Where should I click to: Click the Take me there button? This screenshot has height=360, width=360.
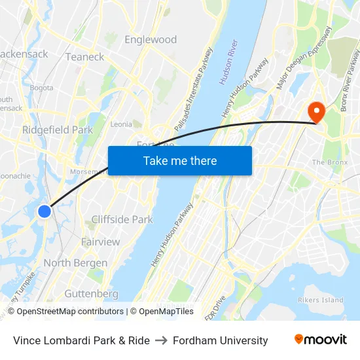tap(180, 160)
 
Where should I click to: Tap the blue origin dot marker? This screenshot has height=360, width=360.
tap(45, 211)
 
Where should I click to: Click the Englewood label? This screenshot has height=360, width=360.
tap(151, 40)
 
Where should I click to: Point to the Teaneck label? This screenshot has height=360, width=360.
tap(84, 57)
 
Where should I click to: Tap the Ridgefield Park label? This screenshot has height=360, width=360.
tap(58, 130)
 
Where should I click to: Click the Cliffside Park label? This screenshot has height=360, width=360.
tap(122, 220)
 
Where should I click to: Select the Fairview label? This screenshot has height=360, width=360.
tap(101, 242)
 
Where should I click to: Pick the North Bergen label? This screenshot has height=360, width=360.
tap(75, 263)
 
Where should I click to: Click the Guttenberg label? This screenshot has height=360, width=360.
tap(92, 294)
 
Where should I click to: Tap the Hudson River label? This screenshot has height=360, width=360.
tap(228, 63)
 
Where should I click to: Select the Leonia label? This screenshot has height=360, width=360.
tap(121, 124)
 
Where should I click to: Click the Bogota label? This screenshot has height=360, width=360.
tap(41, 88)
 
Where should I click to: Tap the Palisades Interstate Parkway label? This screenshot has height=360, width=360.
tap(194, 89)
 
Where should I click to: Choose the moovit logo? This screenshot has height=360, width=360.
tap(321, 340)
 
